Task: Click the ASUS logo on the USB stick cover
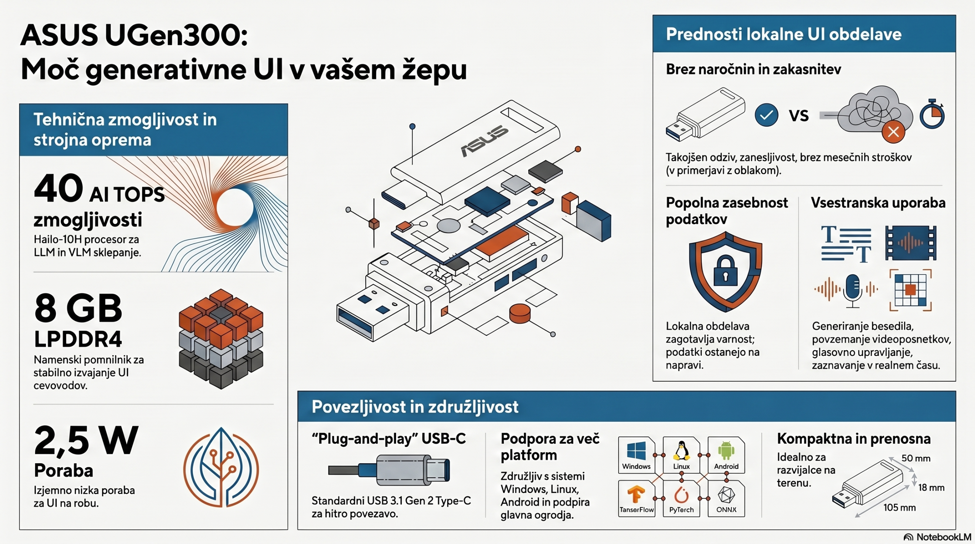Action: [484, 141]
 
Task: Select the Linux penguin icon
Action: [681, 451]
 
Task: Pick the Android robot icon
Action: [726, 451]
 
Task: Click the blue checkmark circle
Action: [766, 115]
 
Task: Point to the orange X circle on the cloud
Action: [893, 132]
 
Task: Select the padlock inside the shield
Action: [726, 271]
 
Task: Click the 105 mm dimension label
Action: [899, 507]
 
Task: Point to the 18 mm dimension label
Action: [931, 488]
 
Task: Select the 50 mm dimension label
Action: [916, 458]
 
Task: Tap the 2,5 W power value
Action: [86, 440]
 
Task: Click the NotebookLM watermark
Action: [938, 537]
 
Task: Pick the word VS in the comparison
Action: [799, 115]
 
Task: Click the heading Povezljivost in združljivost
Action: [415, 407]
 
